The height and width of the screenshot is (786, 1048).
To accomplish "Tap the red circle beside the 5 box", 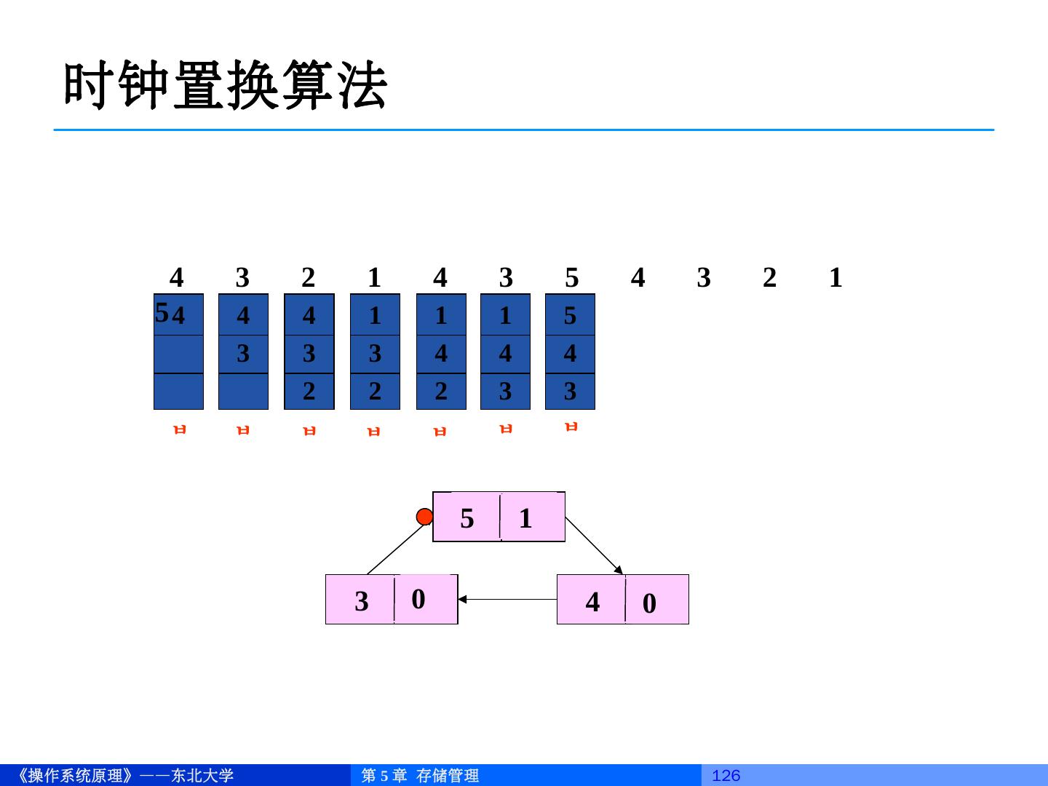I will click(x=425, y=517).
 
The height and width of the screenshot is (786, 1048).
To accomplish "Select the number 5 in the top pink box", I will click(x=467, y=518).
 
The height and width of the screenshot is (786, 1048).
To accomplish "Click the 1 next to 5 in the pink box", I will click(x=525, y=518).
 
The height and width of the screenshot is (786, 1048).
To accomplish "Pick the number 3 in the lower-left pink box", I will click(x=362, y=601).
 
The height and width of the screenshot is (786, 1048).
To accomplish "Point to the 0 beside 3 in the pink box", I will click(x=418, y=599).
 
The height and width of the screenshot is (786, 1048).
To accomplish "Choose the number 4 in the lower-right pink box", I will click(x=593, y=602).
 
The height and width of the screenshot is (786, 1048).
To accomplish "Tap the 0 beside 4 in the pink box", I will click(x=649, y=603).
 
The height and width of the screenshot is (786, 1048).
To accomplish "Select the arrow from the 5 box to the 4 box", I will click(x=594, y=546).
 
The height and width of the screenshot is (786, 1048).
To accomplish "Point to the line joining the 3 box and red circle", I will click(x=394, y=548).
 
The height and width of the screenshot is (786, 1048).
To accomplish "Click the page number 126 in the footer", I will click(x=726, y=776).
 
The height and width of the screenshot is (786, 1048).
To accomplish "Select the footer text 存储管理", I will click(x=448, y=776).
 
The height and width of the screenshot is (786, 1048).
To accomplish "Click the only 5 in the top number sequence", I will click(x=572, y=277).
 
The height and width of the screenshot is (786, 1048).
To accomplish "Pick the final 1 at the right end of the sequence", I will click(x=835, y=277).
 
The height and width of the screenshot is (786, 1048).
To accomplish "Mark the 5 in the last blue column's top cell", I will click(x=570, y=315).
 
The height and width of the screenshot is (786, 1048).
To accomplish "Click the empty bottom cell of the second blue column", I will click(x=243, y=392).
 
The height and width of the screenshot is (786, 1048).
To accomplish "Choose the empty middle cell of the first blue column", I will click(x=178, y=354).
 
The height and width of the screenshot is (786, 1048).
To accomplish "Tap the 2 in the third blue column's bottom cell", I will click(x=309, y=392).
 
